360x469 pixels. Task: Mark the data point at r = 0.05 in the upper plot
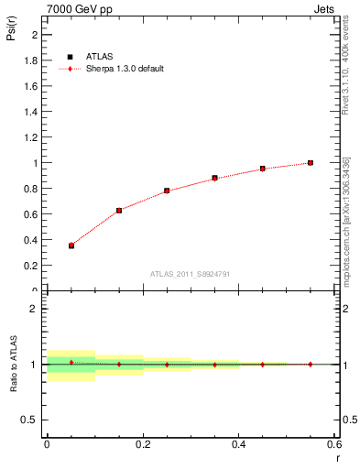(71, 245)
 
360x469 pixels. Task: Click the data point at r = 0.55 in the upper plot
(311, 163)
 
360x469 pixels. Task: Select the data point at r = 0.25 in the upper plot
(167, 191)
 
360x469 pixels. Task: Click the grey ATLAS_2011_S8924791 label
(190, 273)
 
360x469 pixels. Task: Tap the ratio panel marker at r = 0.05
(71, 363)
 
